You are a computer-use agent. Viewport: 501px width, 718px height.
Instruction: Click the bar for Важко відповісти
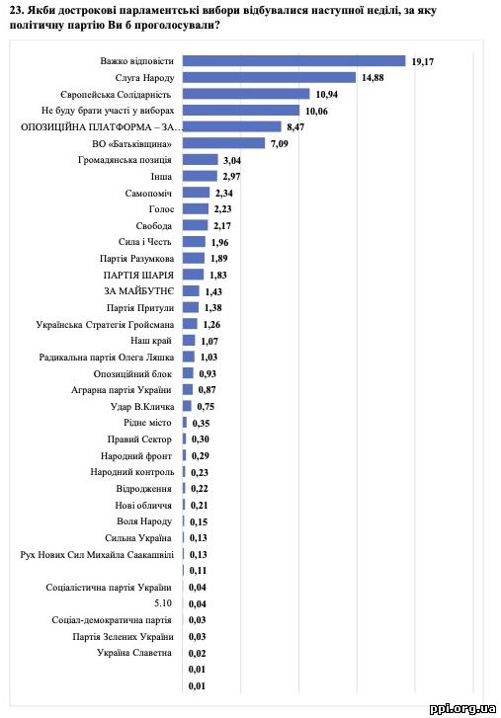coord(294,61)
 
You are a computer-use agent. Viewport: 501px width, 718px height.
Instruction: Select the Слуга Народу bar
coord(270,77)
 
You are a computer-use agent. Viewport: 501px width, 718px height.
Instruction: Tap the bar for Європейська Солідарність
coord(246,94)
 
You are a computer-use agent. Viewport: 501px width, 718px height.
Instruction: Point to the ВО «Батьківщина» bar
coord(224,143)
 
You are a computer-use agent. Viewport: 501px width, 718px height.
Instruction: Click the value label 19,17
coord(423,62)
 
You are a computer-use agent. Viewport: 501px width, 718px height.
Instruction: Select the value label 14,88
coord(373,78)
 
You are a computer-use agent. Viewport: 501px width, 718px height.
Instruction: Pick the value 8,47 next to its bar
coord(295,127)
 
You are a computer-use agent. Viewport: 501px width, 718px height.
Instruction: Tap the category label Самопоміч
coord(148,194)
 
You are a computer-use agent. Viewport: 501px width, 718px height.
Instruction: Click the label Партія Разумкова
coord(137,259)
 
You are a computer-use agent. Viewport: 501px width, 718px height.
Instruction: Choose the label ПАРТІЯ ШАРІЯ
coord(138,276)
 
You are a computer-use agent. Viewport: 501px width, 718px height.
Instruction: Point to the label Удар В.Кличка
coord(142,407)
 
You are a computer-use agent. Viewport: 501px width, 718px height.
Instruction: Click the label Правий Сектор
coord(139,439)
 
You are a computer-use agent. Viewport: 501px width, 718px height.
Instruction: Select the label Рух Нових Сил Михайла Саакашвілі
coord(97,555)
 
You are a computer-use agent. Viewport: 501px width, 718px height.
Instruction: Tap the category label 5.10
coord(163,603)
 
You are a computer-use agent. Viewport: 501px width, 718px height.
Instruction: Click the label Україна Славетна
coord(134,653)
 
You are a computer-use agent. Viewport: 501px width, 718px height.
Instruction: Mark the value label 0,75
coord(206,407)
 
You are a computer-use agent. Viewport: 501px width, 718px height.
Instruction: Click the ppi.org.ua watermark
coord(462,709)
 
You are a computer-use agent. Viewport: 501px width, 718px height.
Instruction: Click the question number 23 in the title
coord(15,10)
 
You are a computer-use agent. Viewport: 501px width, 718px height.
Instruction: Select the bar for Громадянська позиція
coord(201,160)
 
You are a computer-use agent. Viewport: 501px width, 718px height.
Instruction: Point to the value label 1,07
coord(209,341)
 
